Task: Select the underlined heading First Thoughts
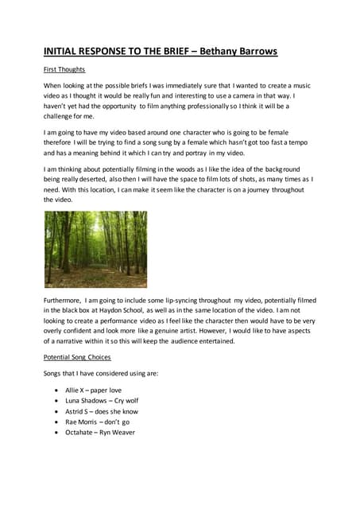pos(64,70)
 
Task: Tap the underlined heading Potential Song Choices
pos(77,358)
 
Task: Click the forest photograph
pos(95,249)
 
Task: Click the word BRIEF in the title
pos(167,52)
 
